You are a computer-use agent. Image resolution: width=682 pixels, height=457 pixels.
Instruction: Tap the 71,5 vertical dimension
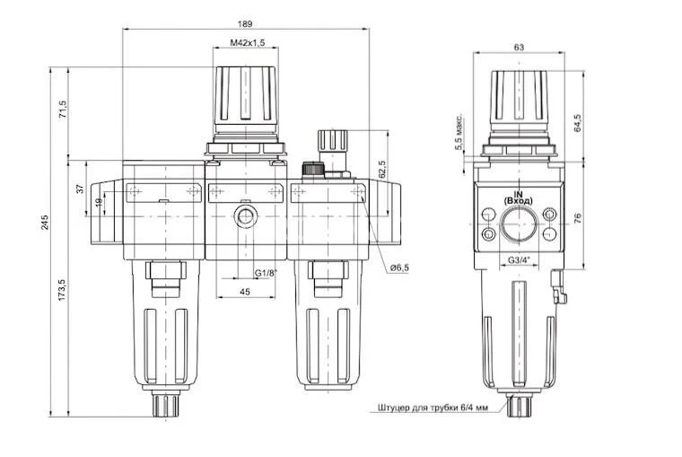(63, 111)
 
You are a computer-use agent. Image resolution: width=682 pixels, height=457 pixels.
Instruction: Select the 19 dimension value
(99, 205)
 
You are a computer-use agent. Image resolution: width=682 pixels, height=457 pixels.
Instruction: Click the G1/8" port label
(266, 272)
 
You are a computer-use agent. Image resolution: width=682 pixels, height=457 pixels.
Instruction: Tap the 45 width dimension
(245, 291)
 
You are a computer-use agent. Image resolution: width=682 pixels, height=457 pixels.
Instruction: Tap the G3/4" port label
(519, 260)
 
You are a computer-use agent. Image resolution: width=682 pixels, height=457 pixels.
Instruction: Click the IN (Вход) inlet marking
(518, 195)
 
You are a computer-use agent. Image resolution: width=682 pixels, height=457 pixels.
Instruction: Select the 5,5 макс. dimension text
(459, 131)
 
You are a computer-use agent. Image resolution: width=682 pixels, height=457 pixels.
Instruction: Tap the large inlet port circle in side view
(518, 224)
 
